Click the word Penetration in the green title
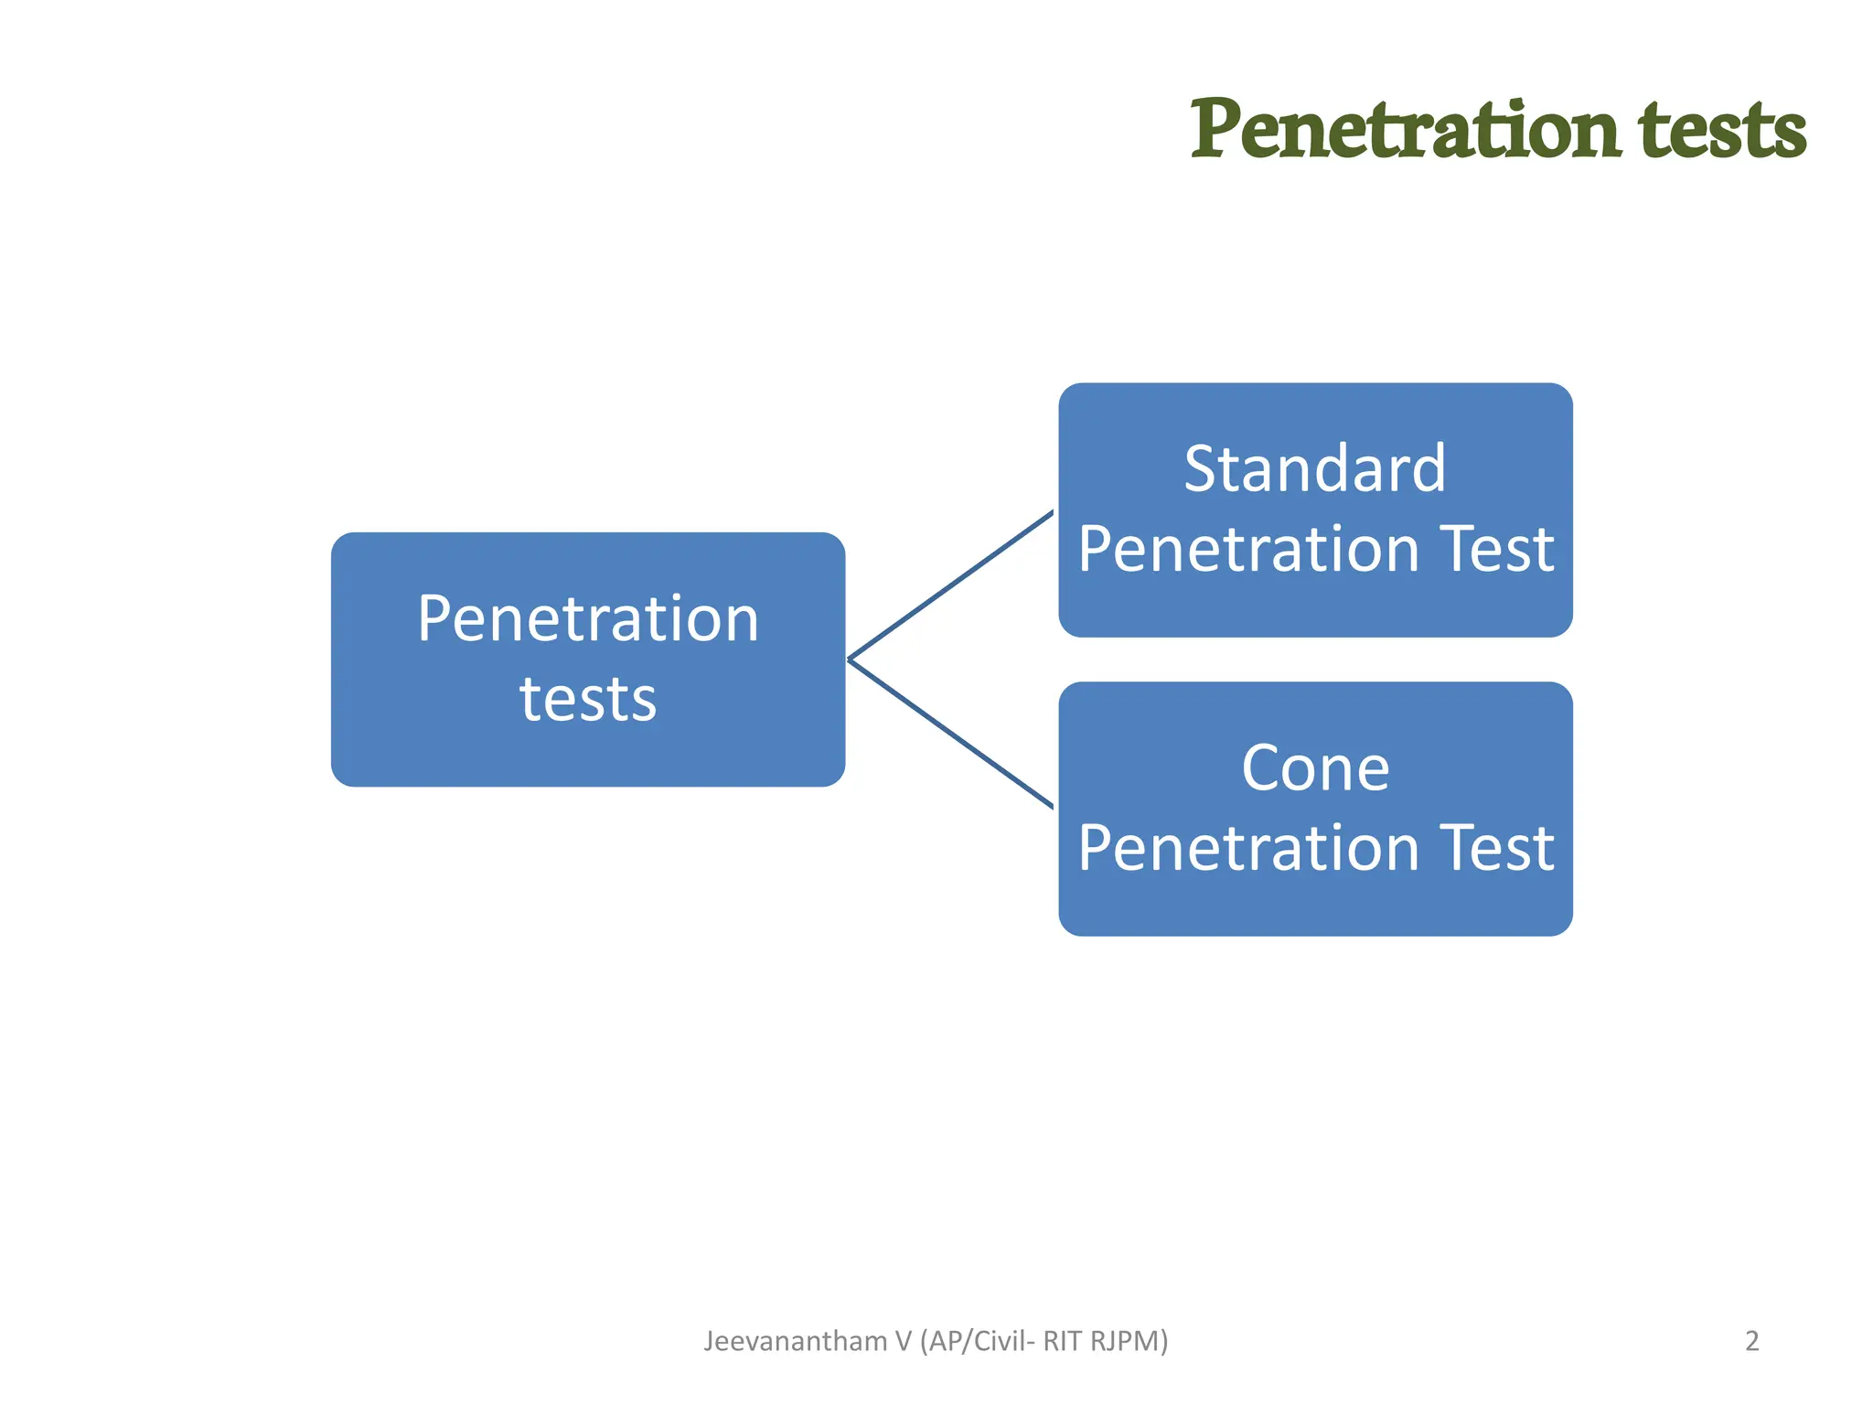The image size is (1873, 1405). click(x=1405, y=130)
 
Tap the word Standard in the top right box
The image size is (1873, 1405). click(x=1314, y=469)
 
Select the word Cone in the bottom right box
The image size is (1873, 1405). click(x=1314, y=768)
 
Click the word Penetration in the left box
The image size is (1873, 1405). click(x=587, y=619)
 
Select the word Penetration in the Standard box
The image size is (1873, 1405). click(x=1248, y=550)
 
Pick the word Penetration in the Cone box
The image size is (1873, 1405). click(x=1248, y=848)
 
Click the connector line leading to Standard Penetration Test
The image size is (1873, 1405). click(x=951, y=585)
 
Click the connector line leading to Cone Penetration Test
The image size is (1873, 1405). click(x=951, y=734)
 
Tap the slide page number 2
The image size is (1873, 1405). click(x=1751, y=1341)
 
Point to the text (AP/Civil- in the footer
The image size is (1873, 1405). click(x=978, y=1341)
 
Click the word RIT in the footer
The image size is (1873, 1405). click(x=1063, y=1341)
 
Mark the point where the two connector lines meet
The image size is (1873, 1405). click(x=850, y=659)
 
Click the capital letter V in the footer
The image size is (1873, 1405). click(x=904, y=1341)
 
